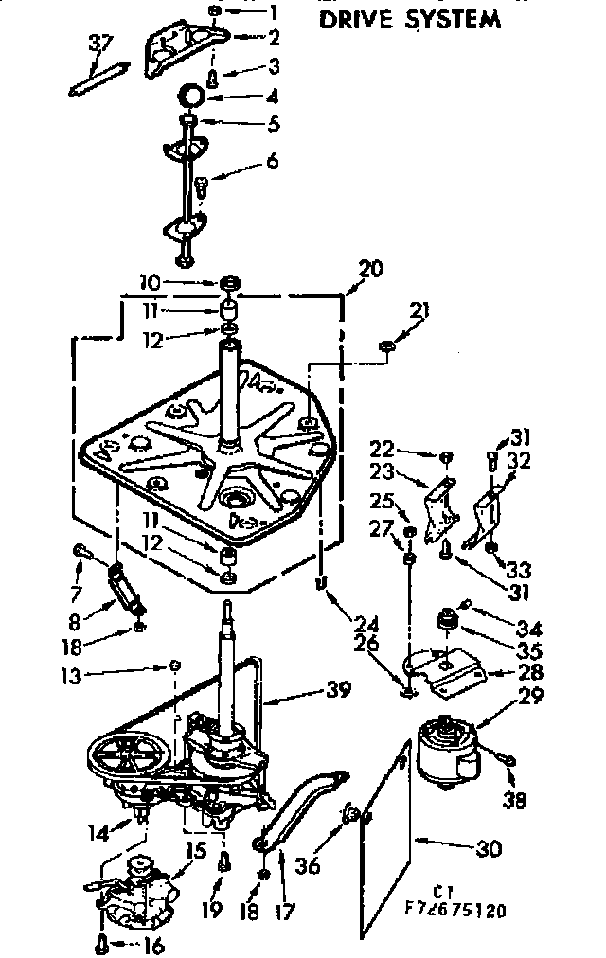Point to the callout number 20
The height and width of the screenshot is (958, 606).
pos(371,269)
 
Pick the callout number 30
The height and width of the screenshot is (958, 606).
pos(490,849)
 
